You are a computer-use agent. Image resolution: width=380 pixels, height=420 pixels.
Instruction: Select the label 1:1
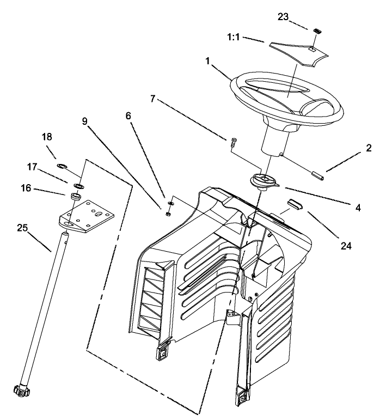click(x=233, y=39)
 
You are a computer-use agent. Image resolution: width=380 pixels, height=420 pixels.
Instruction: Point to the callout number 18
click(x=47, y=137)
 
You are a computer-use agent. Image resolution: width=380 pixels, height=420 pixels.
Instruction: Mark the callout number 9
click(x=85, y=121)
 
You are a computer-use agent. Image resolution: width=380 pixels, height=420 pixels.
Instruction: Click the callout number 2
click(x=369, y=148)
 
